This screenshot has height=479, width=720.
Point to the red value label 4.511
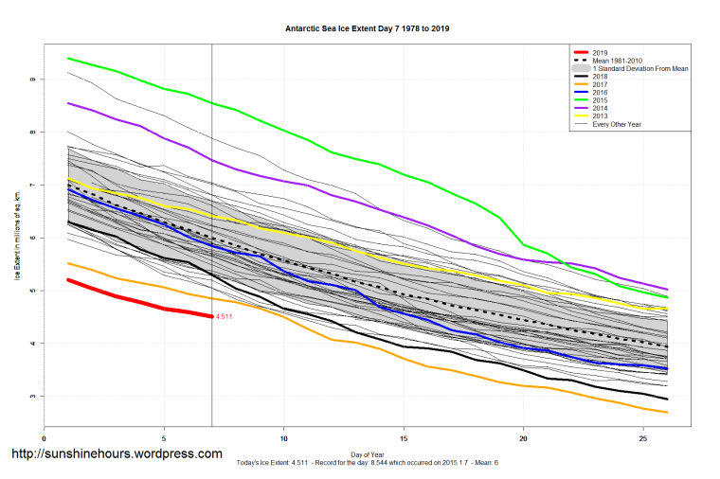pyautogui.click(x=225, y=316)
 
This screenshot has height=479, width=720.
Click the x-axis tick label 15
pyautogui.click(x=404, y=438)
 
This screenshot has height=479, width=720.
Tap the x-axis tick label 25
pyautogui.click(x=643, y=438)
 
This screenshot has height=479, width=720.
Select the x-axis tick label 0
pyautogui.click(x=45, y=438)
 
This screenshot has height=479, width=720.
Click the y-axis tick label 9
pyautogui.click(x=31, y=80)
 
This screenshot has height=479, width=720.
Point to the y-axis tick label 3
pyautogui.click(x=31, y=396)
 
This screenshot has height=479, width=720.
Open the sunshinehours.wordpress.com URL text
pyautogui.click(x=116, y=454)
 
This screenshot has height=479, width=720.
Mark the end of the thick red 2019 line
pyautogui.click(x=211, y=316)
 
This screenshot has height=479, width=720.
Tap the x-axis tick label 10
pyautogui.click(x=283, y=438)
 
